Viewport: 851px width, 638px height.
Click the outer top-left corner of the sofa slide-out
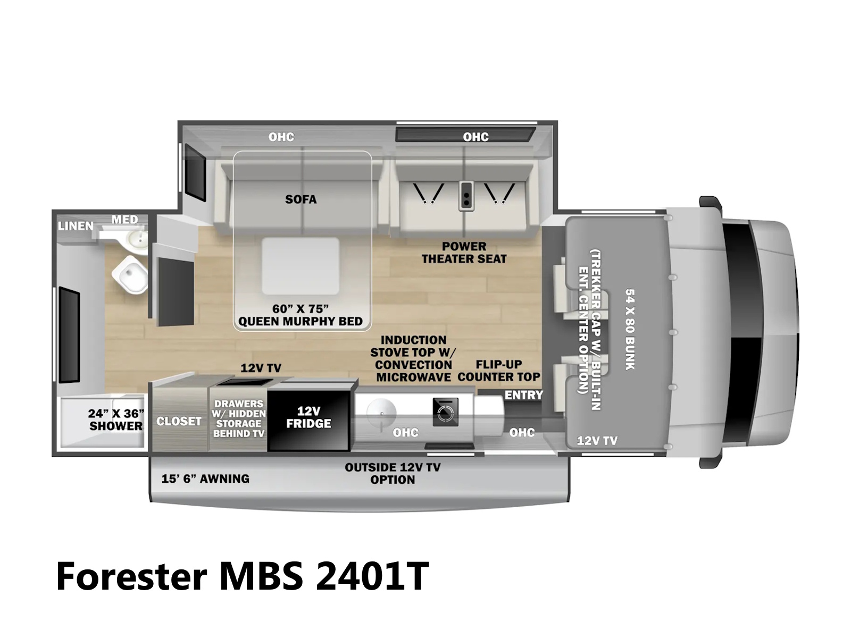coord(178,121)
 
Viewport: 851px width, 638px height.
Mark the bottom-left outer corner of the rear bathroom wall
coord(52,456)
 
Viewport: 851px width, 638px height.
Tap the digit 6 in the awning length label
coord(181,479)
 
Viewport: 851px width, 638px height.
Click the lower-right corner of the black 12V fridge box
coord(349,450)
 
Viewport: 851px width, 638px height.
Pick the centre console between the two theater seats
coord(466,196)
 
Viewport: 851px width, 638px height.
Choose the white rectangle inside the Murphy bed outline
coord(301,266)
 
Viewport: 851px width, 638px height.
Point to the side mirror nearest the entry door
coord(711,463)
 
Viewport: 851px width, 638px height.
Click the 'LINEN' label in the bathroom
coord(76,226)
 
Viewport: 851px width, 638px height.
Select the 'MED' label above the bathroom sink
coord(125,220)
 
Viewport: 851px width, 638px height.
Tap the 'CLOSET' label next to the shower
coord(179,421)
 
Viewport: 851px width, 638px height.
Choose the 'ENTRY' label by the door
coord(524,395)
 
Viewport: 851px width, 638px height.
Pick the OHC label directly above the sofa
coord(281,137)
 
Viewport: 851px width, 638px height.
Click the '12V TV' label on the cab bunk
coord(597,440)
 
